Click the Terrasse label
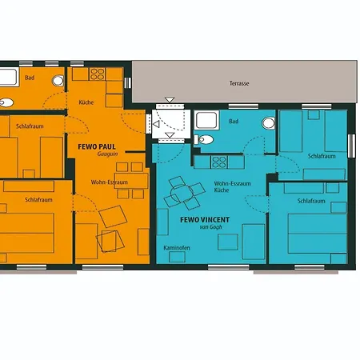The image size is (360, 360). tap(239, 83)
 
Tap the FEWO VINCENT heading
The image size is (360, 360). tap(205, 220)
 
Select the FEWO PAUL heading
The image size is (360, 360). tap(97, 146)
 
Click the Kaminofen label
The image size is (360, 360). tap(177, 248)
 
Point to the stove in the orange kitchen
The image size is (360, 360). tap(97, 74)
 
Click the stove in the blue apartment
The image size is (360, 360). tap(219, 162)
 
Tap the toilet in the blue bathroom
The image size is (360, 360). tap(204, 139)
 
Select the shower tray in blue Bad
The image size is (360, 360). tap(206, 120)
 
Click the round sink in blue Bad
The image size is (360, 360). tap(269, 123)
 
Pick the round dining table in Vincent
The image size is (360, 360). tap(182, 193)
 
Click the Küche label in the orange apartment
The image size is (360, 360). tap(86, 102)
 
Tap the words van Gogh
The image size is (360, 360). tap(210, 227)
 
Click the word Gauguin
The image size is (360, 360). tap(107, 154)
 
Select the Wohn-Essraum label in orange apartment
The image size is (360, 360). tap(110, 182)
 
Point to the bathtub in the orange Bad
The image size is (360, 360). tap(9, 77)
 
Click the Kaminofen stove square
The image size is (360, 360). tap(177, 257)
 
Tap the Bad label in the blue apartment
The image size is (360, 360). tap(234, 122)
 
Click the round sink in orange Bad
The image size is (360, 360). tap(58, 80)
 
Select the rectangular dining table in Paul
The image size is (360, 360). tap(131, 181)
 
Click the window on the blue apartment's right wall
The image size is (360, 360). tap(352, 146)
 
